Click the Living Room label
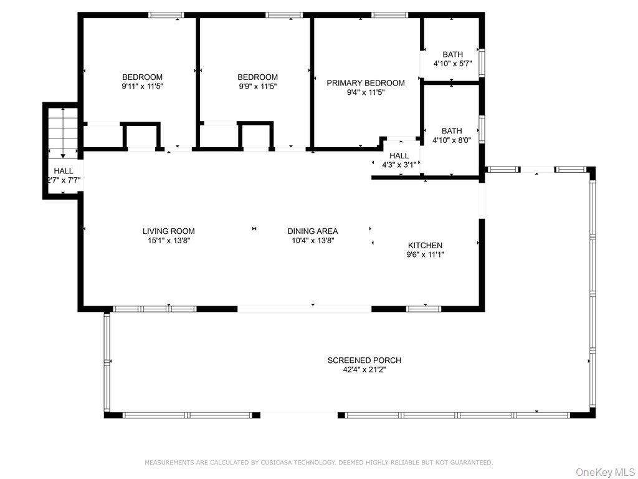tap(168, 231)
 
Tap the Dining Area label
tap(312, 231)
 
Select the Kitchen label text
tap(425, 245)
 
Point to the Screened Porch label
tap(364, 360)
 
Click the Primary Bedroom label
tap(366, 83)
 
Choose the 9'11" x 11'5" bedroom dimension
tap(143, 87)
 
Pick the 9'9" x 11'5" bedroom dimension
tap(257, 87)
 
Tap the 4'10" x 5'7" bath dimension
tap(452, 64)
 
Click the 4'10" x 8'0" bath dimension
tap(452, 140)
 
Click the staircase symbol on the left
tap(62, 131)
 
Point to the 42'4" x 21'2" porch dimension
tap(364, 370)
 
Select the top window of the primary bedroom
tap(390, 15)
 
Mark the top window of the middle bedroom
tap(284, 15)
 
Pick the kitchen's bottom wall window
tap(424, 309)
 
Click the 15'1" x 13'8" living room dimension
tap(168, 241)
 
